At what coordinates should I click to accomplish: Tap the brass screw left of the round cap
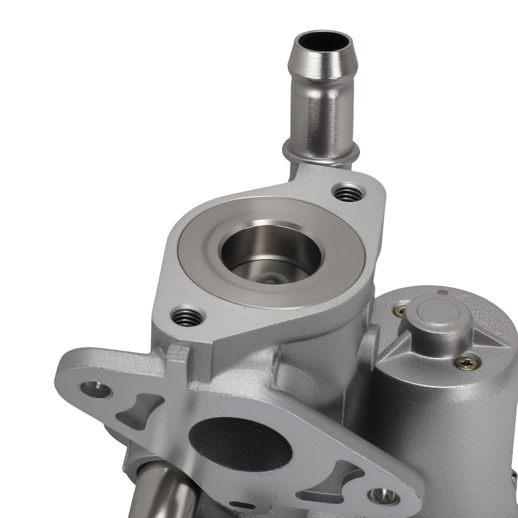tap(400, 311)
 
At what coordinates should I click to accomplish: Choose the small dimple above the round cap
tap(442, 293)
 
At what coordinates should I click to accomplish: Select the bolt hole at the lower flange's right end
tap(384, 496)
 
